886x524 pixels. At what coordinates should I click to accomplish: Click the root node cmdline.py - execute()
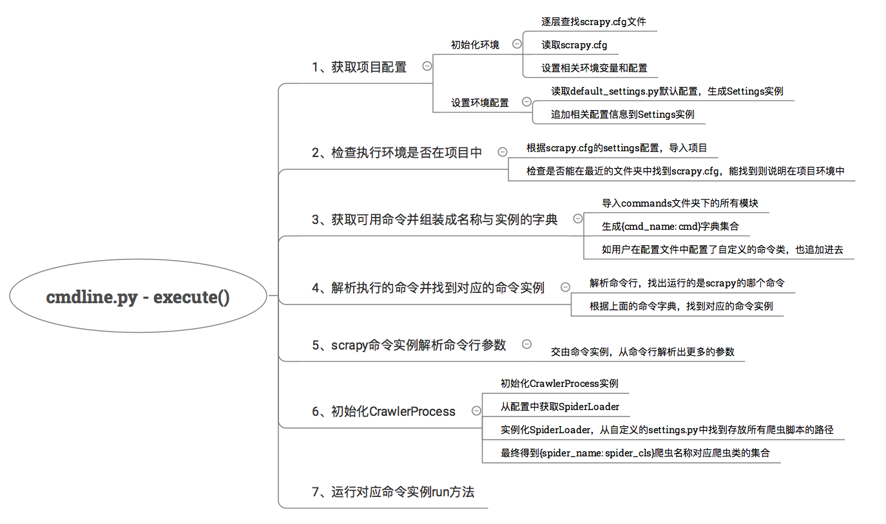(x=138, y=297)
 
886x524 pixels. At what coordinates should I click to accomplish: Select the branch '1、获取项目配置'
(x=359, y=67)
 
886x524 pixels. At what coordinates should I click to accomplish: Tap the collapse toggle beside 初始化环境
(x=517, y=44)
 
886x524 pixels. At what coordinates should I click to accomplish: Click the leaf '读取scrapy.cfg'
(x=574, y=45)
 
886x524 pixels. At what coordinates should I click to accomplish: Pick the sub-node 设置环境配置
(x=479, y=102)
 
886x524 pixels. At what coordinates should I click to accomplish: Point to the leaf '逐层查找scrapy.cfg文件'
(x=593, y=22)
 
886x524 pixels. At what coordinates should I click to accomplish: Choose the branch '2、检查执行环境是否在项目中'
(x=397, y=153)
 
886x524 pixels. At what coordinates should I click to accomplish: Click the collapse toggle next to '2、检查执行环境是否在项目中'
(x=503, y=152)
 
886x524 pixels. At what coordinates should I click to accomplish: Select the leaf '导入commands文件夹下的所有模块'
(x=680, y=203)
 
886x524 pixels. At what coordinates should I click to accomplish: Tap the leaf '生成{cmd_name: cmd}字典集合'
(x=670, y=227)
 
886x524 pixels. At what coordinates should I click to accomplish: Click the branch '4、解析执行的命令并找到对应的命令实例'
(x=428, y=288)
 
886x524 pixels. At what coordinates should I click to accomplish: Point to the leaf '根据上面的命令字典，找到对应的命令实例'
(x=681, y=306)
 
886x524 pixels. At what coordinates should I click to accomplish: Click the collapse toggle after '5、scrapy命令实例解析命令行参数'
(x=526, y=344)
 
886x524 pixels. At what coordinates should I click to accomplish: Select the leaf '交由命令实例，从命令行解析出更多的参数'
(x=642, y=352)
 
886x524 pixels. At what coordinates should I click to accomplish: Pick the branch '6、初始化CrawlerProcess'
(x=383, y=411)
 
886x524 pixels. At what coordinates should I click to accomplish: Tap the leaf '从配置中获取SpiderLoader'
(x=560, y=406)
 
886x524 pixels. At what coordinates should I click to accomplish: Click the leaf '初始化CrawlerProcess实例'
(x=559, y=383)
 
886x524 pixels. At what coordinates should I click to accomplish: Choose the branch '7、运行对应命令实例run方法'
(x=392, y=492)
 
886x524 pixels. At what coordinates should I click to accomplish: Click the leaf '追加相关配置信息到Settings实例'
(x=622, y=115)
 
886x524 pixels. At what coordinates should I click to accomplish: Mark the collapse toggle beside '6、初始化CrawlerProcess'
(x=476, y=411)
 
